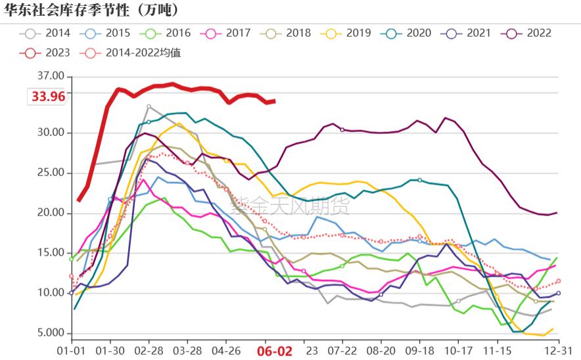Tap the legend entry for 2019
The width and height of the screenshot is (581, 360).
[x=348, y=33]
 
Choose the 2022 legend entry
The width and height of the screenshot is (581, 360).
[x=528, y=33]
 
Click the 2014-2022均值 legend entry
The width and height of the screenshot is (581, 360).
[x=131, y=53]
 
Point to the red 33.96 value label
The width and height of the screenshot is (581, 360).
[x=49, y=97]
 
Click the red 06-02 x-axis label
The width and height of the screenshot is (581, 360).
[x=274, y=351]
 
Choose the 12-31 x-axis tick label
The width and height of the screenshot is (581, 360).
[x=558, y=351]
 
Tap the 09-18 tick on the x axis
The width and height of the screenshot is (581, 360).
[x=419, y=351]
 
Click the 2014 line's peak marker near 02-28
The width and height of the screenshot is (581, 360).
[x=149, y=106]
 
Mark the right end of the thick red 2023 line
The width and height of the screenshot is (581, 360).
[x=274, y=101]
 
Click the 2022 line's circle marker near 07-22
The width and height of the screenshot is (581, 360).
[x=342, y=130]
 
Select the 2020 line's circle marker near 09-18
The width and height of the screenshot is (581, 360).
[x=419, y=180]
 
